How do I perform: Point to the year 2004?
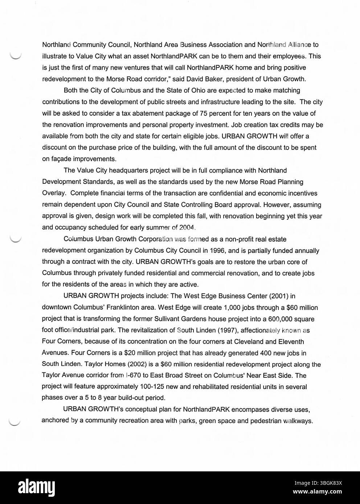point(188,228)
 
